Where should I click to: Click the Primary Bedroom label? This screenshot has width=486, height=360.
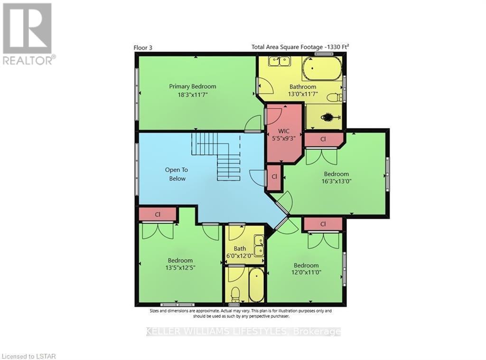193,86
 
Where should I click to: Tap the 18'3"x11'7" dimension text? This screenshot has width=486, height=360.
193,95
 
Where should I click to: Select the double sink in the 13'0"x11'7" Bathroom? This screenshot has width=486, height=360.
279,61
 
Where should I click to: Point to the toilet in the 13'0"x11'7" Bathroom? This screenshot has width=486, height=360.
334,98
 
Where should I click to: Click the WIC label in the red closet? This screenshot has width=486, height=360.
284,131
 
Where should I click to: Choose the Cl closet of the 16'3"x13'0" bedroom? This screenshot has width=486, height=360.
323,140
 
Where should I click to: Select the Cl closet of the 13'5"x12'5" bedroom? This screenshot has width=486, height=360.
158,215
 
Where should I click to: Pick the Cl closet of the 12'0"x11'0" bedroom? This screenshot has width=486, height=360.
323,224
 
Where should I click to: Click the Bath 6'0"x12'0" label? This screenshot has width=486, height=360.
240,253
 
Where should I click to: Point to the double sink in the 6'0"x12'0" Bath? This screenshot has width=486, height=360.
258,245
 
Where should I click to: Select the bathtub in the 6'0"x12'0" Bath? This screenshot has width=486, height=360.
256,285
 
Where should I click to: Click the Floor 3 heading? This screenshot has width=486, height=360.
143,47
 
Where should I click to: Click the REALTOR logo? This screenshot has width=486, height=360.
28,34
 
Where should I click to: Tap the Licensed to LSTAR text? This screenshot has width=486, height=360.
29,356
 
